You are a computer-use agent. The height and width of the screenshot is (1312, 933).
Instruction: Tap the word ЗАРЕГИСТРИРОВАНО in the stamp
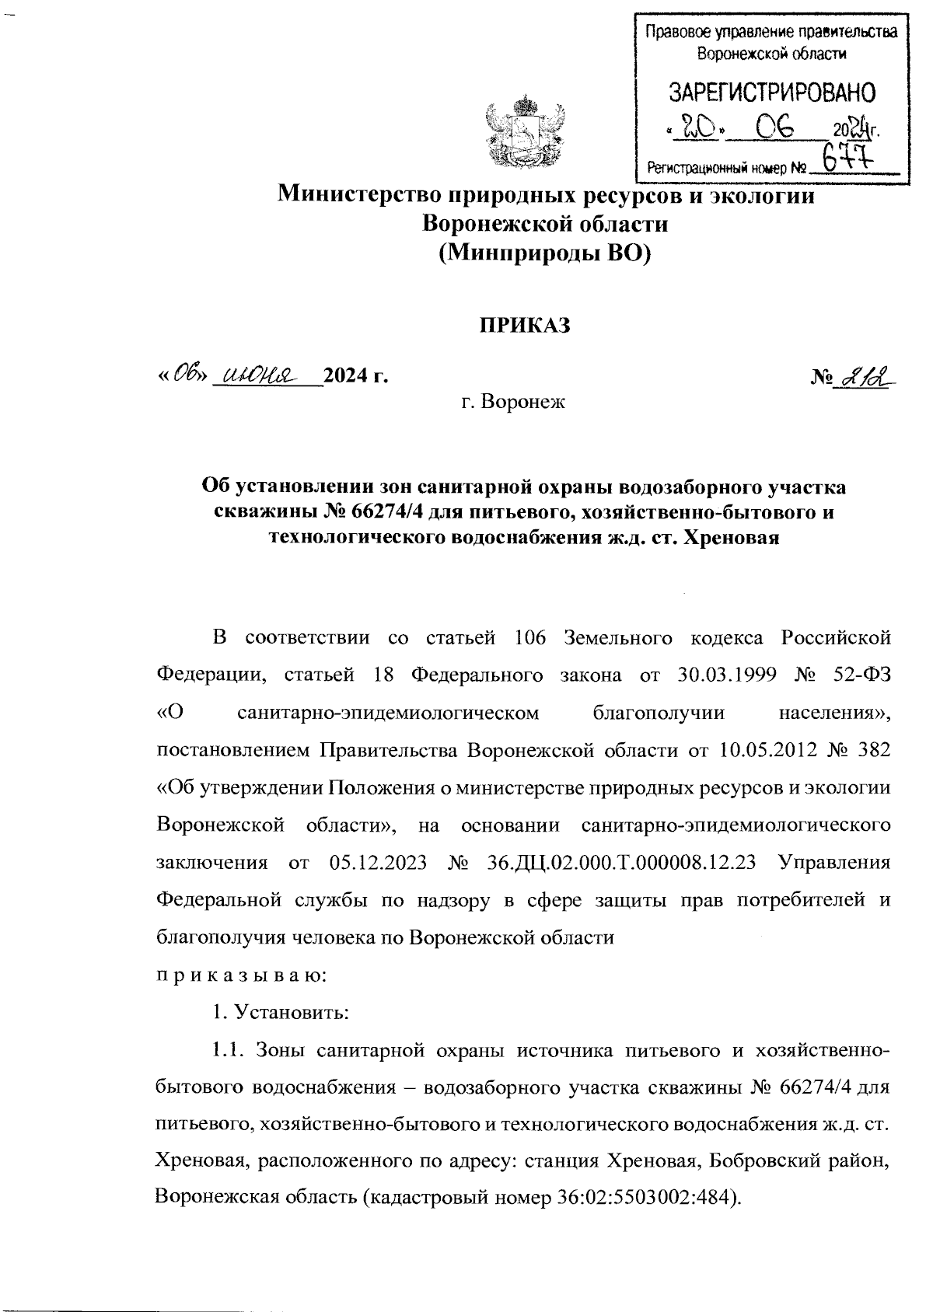click(x=772, y=93)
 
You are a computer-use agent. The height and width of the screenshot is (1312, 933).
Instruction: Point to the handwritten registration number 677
click(x=847, y=162)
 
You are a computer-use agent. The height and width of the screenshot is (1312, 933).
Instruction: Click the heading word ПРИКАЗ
click(x=524, y=326)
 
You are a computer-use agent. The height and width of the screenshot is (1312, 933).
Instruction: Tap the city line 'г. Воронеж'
click(x=513, y=403)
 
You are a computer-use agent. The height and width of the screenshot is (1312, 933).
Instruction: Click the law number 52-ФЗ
click(x=858, y=675)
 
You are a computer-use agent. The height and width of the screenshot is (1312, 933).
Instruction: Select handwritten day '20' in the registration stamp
click(x=697, y=128)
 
